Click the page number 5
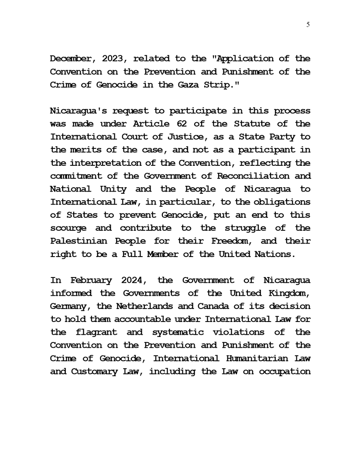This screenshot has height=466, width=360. [308, 25]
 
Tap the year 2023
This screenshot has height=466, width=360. [115, 59]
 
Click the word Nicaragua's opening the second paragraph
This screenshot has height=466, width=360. [77, 111]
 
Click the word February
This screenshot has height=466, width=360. [94, 280]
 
